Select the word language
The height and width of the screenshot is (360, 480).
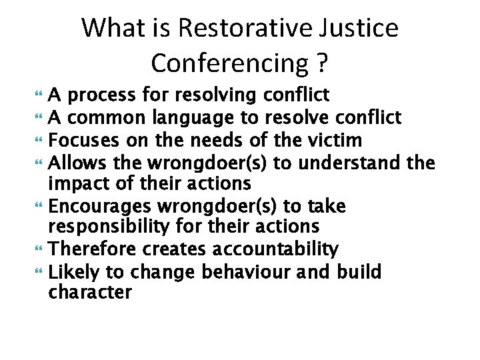pyautogui.click(x=206, y=119)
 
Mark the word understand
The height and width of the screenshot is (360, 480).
pyautogui.click(x=356, y=162)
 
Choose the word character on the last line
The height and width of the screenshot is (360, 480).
pyautogui.click(x=90, y=293)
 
